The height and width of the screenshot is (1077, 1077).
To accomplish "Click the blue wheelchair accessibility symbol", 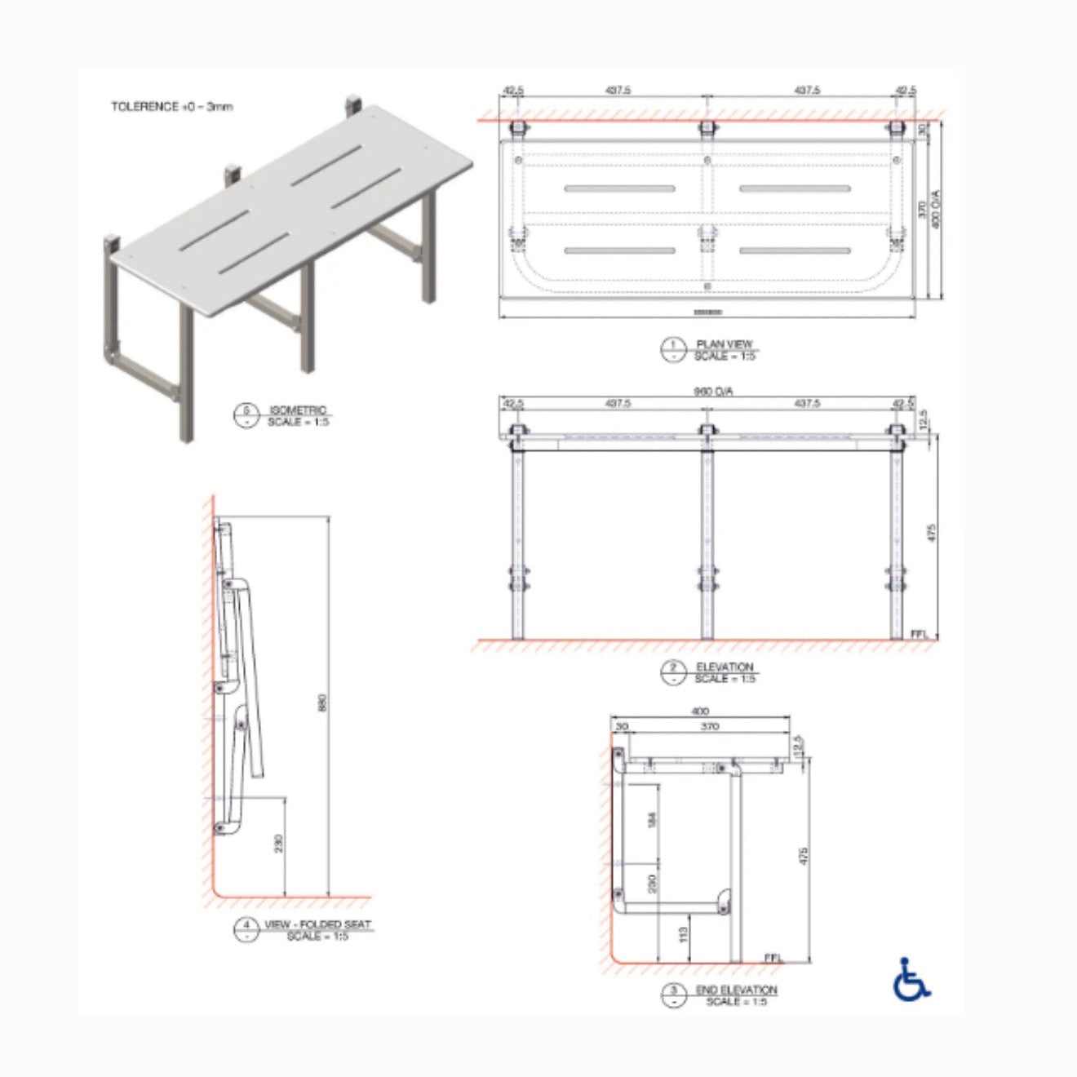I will click(x=911, y=980).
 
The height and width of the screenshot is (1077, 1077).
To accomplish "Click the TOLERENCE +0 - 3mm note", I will click(x=172, y=107).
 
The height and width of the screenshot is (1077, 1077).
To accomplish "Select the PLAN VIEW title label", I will click(x=725, y=344).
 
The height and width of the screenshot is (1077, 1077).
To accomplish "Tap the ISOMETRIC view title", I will click(x=298, y=410).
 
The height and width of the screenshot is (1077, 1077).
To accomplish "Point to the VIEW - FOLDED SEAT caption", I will click(x=317, y=924).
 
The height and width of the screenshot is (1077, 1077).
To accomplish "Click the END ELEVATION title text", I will click(x=736, y=990).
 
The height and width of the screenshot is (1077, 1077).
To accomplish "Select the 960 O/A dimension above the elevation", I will click(x=713, y=392).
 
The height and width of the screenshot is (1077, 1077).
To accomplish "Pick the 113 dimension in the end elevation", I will click(x=684, y=933).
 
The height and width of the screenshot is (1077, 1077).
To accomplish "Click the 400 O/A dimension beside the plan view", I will click(x=936, y=208).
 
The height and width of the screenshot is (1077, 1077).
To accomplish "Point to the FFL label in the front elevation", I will click(x=918, y=633).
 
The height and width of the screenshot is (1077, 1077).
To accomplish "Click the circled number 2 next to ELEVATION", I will click(x=673, y=672).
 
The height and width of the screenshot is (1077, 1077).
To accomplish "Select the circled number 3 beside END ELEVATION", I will click(x=673, y=995).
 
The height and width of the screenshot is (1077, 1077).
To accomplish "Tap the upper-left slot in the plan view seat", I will click(x=619, y=188).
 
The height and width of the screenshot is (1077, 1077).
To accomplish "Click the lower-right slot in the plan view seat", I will click(x=795, y=250).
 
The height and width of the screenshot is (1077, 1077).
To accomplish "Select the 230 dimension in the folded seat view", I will click(x=278, y=844).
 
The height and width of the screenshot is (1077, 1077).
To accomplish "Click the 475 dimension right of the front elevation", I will click(x=931, y=533).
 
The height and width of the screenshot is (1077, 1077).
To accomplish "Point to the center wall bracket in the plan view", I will click(x=707, y=128).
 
